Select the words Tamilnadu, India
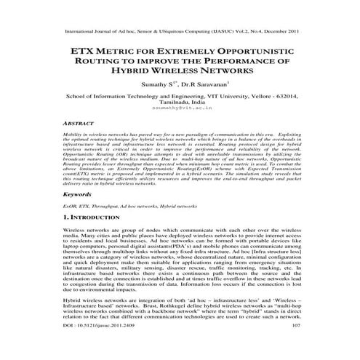[x=180, y=104]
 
